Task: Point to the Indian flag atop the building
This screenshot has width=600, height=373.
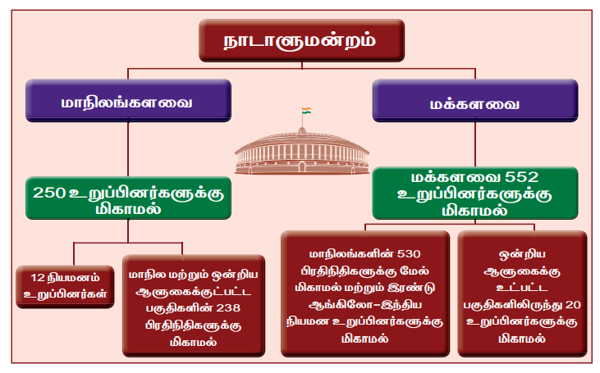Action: [x=304, y=111]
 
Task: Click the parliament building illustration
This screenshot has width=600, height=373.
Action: [x=300, y=152]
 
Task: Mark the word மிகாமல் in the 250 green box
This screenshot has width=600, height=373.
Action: [x=126, y=209]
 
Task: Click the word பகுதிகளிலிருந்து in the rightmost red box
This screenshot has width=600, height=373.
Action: [x=509, y=305]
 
